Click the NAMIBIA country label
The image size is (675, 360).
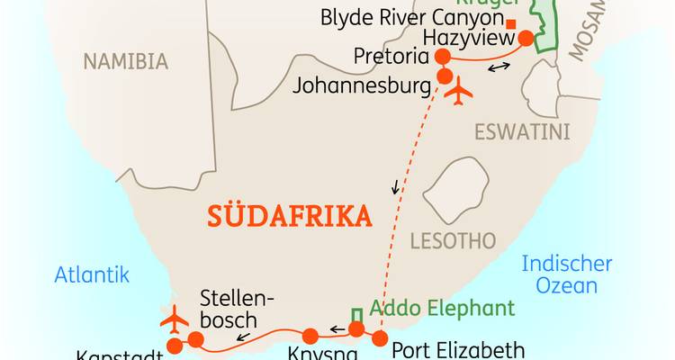click(125, 61)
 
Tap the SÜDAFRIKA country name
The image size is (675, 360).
click(289, 217)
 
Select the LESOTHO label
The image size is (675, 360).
click(453, 240)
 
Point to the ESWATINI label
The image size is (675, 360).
click(522, 132)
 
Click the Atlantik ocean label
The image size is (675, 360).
click(92, 275)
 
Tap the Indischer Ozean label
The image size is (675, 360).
click(567, 274)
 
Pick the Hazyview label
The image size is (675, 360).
click(469, 38)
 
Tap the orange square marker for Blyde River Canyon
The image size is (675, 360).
click(511, 22)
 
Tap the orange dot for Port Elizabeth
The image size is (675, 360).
click(380, 338)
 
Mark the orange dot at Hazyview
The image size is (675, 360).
click(524, 38)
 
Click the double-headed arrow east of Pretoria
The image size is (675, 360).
click(498, 68)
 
